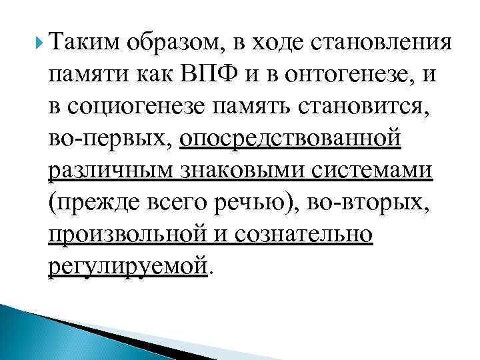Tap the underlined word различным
click(x=101, y=171)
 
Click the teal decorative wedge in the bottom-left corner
click(x=27, y=327)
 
